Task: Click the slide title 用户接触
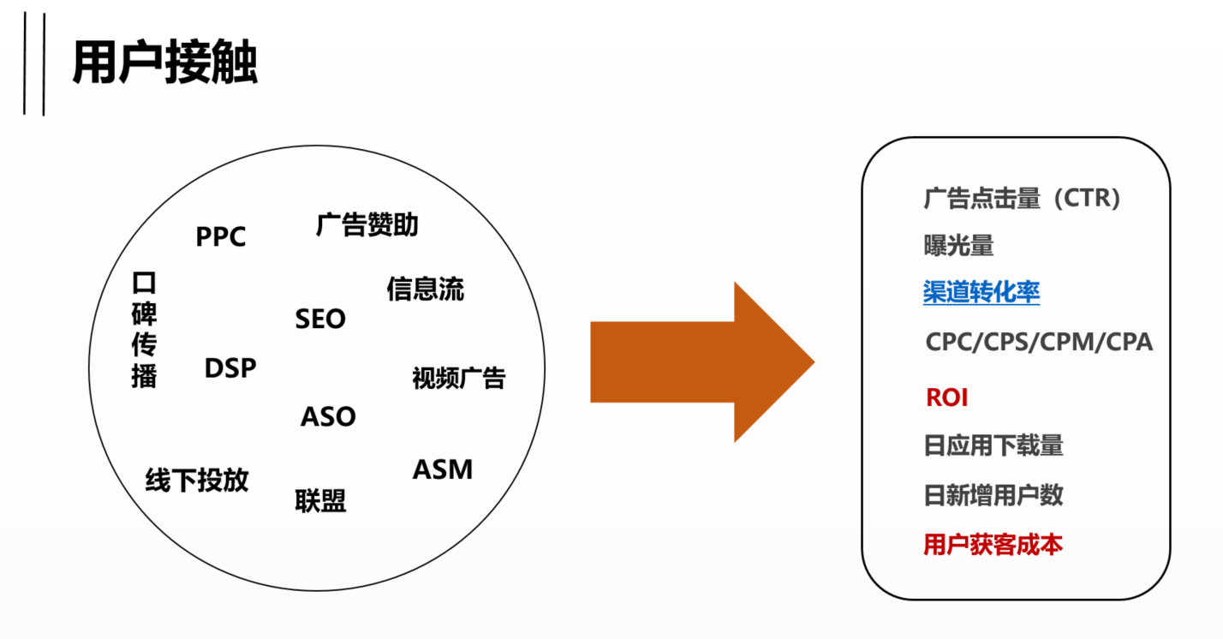coord(164,63)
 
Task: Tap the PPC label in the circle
coord(221,236)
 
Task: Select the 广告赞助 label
coord(367,225)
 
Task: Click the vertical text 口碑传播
coord(145,330)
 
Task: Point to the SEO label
coord(320,319)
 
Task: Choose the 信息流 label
coord(425,289)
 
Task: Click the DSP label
coord(230,368)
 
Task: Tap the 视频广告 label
coord(459,378)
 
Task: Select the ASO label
coord(328,417)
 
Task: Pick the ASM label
coord(443,469)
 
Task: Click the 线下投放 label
coord(197,481)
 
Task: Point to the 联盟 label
coord(321,500)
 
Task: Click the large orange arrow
coord(702,361)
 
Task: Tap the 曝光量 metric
coord(958,246)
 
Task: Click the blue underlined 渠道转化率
coord(981,293)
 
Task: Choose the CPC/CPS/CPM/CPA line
coord(1039,343)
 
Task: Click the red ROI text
coord(946,397)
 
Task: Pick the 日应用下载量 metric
coord(993,445)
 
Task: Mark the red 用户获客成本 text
coord(993,545)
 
